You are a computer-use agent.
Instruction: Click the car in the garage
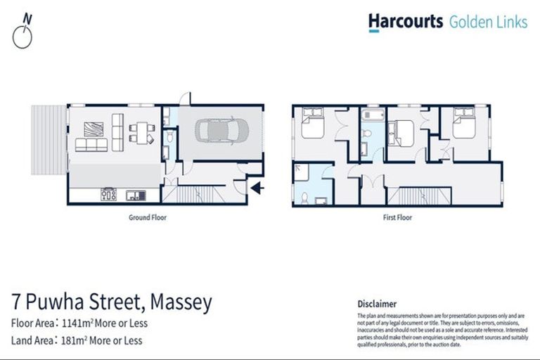(x=219, y=130)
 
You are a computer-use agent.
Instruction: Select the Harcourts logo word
(x=405, y=22)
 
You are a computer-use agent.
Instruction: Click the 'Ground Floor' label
(x=147, y=218)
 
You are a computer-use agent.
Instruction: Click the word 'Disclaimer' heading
(x=378, y=304)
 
